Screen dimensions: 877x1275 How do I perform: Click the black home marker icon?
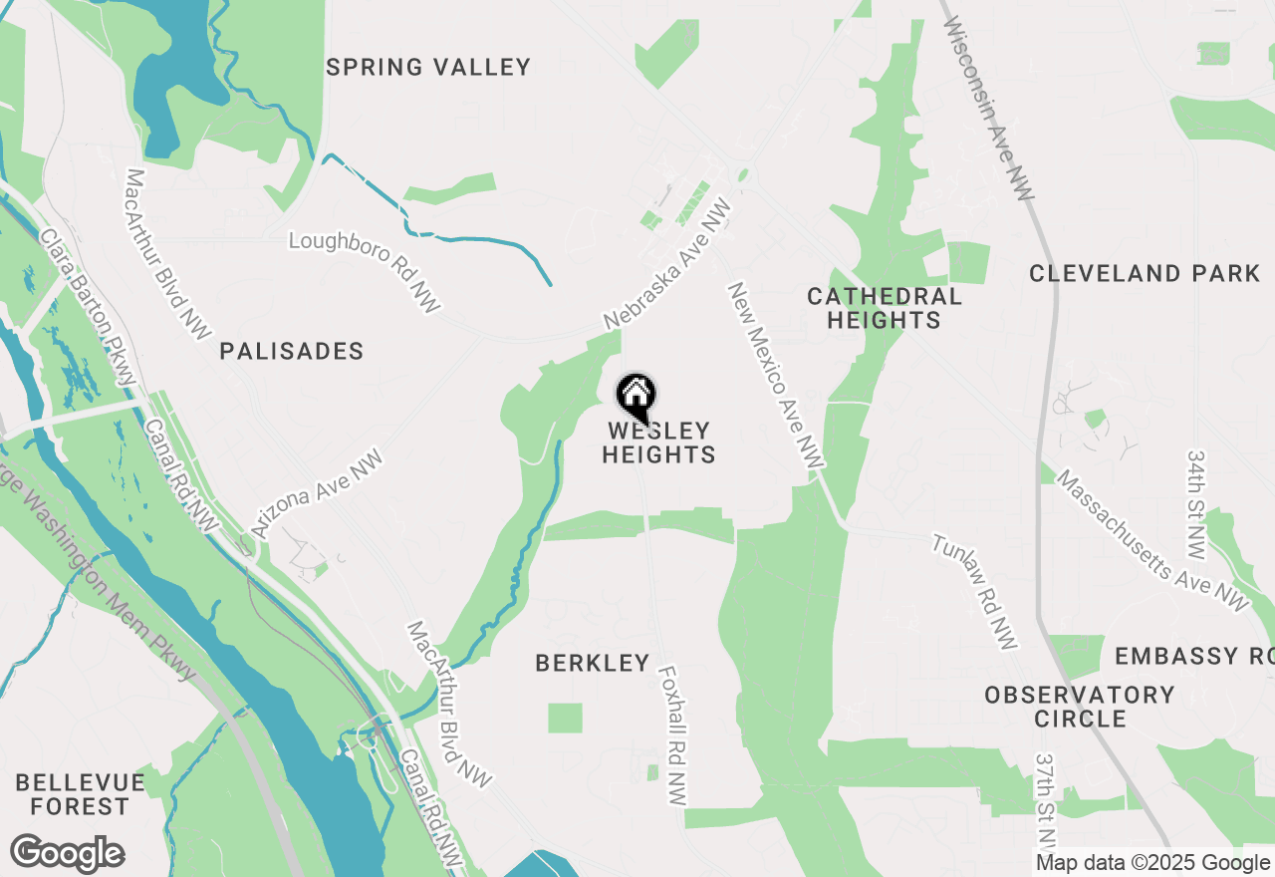click(637, 397)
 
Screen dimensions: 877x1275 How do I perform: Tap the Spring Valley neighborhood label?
click(428, 68)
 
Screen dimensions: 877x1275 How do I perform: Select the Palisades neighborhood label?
click(292, 351)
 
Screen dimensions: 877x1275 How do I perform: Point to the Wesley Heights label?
click(658, 443)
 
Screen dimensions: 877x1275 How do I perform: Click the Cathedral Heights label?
click(885, 308)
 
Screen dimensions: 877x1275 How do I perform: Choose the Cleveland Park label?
click(1145, 273)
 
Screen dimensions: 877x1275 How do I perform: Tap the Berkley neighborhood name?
click(593, 663)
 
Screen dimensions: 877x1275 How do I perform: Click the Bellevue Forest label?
click(80, 794)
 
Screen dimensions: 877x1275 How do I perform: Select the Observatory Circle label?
click(1080, 707)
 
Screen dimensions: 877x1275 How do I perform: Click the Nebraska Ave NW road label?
click(667, 264)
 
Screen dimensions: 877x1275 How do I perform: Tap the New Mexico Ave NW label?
click(776, 375)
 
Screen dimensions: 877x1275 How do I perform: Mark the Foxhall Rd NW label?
click(672, 735)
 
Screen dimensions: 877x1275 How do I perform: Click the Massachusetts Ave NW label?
click(1151, 538)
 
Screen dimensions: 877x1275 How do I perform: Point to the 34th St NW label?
click(1196, 503)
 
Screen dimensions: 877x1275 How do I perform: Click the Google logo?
click(67, 854)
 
